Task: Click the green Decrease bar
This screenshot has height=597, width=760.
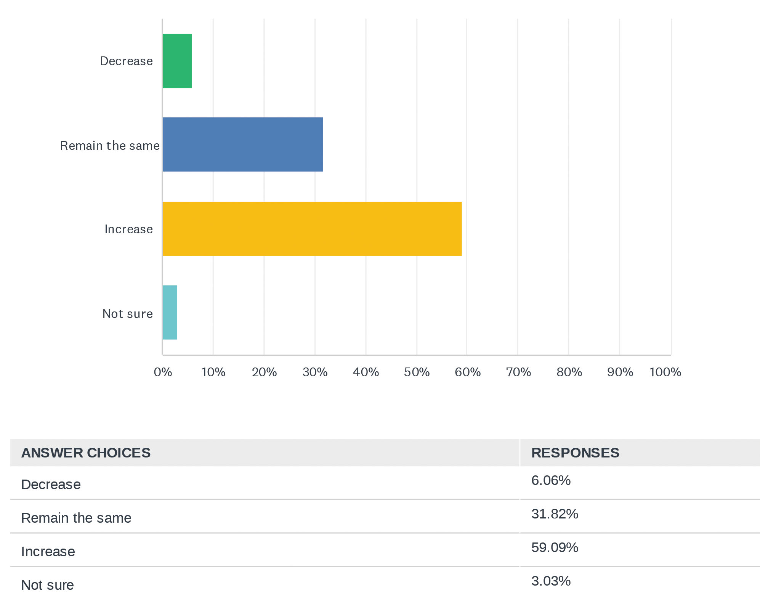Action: tap(177, 61)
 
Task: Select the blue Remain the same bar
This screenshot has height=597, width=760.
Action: tap(243, 144)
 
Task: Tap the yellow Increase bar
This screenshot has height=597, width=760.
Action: tap(312, 229)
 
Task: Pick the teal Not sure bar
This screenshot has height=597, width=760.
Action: tap(170, 312)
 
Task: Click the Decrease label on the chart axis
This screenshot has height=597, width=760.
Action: tap(127, 61)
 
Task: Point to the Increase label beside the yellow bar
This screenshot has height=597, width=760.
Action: tap(129, 229)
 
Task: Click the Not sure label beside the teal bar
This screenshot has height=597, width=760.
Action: tap(128, 314)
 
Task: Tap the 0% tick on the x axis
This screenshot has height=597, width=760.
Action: tap(163, 372)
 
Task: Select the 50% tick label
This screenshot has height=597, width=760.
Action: tap(417, 372)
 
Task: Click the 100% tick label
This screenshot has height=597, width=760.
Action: tap(665, 372)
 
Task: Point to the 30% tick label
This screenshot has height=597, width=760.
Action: tap(315, 372)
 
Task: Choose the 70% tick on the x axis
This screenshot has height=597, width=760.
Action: tap(518, 372)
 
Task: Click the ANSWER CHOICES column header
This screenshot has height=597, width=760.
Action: tap(86, 453)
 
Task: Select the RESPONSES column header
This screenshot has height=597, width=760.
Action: tap(575, 453)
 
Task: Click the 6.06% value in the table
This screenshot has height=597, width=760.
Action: tap(551, 480)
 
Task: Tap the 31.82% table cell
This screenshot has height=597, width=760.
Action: tap(555, 514)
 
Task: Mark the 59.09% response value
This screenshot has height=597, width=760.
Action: tap(555, 547)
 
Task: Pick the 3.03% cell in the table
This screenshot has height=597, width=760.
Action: tap(551, 581)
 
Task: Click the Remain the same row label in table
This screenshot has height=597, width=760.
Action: tap(76, 518)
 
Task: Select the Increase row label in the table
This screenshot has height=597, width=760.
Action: tap(48, 552)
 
